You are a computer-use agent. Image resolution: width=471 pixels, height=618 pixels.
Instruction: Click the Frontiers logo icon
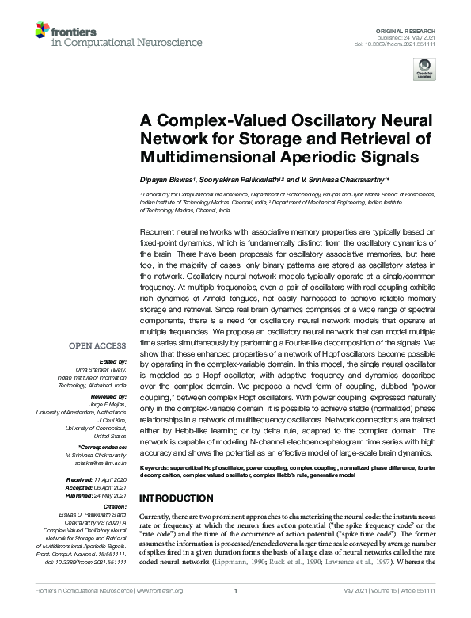click(x=42, y=32)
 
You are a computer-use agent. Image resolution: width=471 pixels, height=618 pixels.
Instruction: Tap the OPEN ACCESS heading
click(x=97, y=345)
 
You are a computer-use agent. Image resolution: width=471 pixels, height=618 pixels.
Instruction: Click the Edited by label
click(x=112, y=360)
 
